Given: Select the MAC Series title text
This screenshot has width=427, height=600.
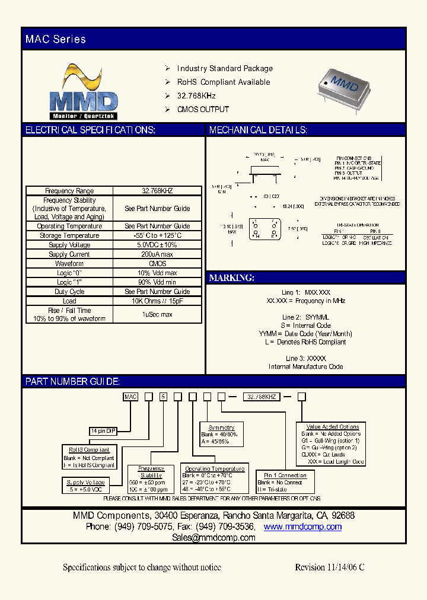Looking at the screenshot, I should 56,39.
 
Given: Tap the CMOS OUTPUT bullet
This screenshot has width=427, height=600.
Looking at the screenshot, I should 203,109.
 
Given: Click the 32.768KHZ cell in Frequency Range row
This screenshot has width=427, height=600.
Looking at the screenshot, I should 157,191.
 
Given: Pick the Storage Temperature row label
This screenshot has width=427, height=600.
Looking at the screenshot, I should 69,235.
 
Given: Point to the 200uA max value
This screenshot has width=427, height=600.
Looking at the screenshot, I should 157,254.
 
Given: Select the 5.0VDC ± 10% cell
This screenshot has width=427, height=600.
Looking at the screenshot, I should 157,245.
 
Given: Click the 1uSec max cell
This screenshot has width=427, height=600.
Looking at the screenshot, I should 157,314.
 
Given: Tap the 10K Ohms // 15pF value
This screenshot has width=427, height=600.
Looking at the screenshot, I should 157,301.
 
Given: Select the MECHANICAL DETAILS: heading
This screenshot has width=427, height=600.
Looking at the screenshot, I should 258,130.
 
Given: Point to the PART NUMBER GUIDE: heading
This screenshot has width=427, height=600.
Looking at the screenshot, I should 72,381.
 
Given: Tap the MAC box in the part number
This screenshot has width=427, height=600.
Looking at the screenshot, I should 130,397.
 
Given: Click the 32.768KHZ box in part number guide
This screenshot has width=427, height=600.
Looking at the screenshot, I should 262,397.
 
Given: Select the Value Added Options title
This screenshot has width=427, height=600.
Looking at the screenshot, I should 333,427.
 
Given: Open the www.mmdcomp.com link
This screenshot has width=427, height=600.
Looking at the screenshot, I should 302,526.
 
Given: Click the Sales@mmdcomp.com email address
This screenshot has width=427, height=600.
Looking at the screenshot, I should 213,538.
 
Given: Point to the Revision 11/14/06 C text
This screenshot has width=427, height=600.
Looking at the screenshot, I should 329,567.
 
